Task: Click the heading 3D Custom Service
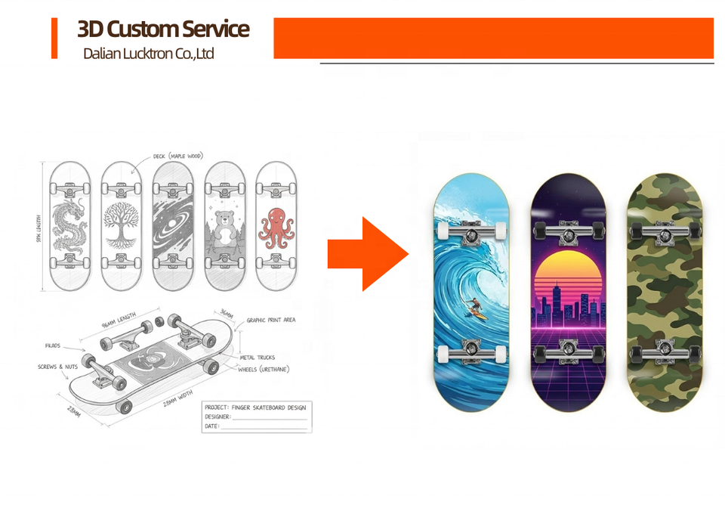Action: (x=163, y=29)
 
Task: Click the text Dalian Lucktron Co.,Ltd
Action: (x=149, y=54)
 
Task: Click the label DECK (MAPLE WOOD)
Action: (x=177, y=156)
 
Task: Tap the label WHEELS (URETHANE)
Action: (x=264, y=369)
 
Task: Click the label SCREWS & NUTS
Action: (x=57, y=367)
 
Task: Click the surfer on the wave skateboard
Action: (x=474, y=306)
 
